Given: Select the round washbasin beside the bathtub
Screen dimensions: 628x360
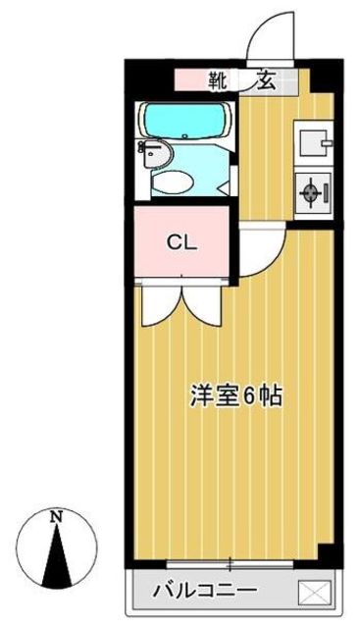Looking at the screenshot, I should point(157,152).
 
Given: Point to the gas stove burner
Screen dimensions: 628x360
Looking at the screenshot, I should point(313,191).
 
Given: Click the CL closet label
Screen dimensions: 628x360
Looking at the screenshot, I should point(181,241).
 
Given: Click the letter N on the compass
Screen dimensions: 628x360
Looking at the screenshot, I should point(58,517).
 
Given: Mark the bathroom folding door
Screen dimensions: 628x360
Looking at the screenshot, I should point(232,177).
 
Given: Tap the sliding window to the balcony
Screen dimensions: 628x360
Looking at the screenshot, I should point(231,564).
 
